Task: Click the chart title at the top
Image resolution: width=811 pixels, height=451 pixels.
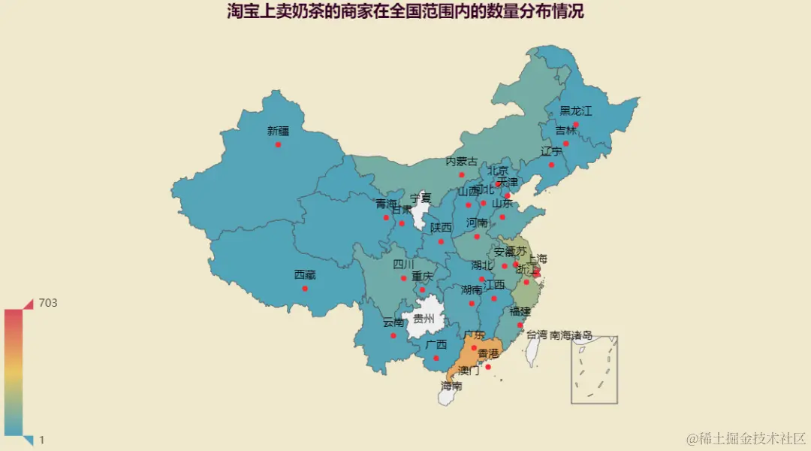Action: point(405,11)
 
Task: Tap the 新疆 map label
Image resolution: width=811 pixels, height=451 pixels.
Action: point(278,131)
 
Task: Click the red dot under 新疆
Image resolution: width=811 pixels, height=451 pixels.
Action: point(278,144)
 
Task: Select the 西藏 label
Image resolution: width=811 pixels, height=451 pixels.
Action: point(305,275)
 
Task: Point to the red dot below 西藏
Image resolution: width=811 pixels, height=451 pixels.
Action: point(305,289)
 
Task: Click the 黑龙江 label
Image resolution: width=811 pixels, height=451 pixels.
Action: point(576,111)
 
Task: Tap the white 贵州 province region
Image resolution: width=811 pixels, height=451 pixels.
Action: point(425,319)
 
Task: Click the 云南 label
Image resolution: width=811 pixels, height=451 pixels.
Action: point(393,322)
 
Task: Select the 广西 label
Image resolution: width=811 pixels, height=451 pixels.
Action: point(436,345)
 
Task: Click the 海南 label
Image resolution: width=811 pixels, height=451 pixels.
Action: point(451,386)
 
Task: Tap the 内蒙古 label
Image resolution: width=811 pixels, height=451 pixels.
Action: point(462,162)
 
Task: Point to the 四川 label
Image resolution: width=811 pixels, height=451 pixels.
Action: point(403,265)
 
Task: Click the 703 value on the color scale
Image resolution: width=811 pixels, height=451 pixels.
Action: point(48,303)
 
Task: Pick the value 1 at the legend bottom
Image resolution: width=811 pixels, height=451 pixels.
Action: point(42,440)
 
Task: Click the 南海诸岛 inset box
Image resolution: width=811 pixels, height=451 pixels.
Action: point(594,370)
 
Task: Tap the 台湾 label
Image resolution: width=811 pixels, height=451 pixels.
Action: point(536,335)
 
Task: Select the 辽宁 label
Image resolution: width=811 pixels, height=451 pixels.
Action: point(551,152)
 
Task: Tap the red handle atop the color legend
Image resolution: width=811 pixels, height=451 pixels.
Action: point(29,304)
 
